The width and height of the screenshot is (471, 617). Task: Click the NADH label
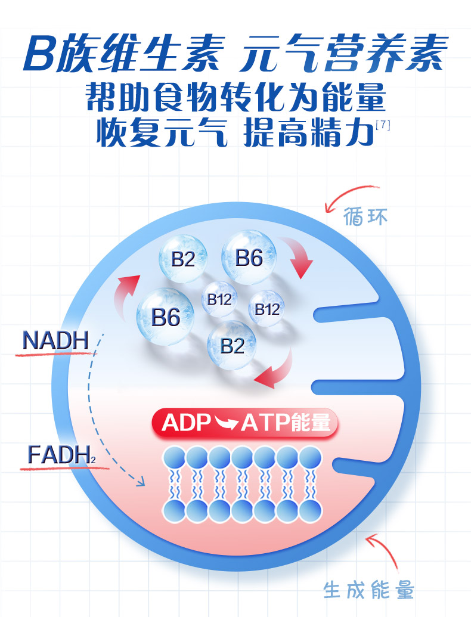[55, 341]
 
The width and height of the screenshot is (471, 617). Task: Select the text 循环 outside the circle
[365, 216]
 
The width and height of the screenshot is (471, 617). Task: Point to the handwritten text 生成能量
[368, 590]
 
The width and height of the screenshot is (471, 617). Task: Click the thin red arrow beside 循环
[345, 196]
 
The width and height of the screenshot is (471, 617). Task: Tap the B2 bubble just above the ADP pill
[232, 345]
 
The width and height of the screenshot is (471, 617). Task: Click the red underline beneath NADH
[54, 355]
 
